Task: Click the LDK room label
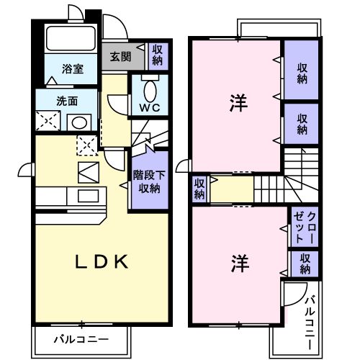pyautogui.click(x=102, y=261)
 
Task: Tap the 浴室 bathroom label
pyautogui.click(x=72, y=69)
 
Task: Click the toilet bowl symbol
pyautogui.click(x=148, y=91)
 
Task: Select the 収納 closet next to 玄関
pyautogui.click(x=158, y=55)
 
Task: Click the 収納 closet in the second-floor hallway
pyautogui.click(x=199, y=189)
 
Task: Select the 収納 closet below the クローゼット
pyautogui.click(x=305, y=264)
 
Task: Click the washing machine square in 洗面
pyautogui.click(x=48, y=121)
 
